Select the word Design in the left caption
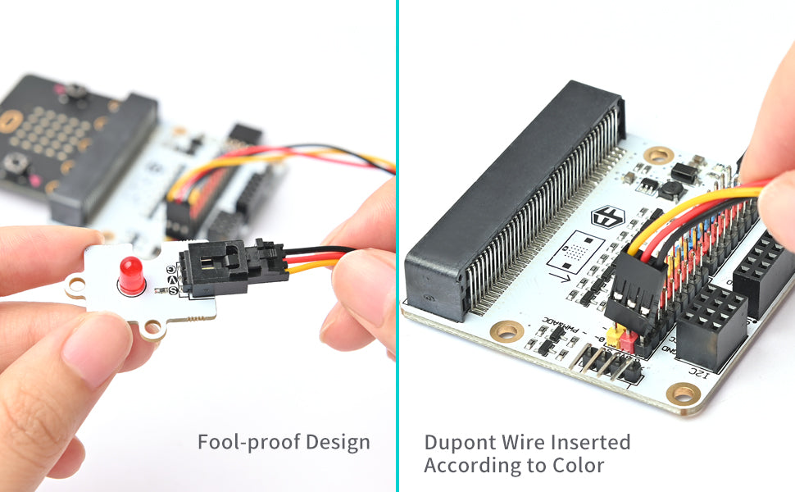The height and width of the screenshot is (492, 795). tap(338, 443)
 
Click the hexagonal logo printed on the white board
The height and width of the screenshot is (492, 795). tap(608, 218)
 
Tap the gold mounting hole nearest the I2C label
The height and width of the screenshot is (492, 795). tap(683, 394)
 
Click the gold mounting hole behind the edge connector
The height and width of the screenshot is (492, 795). tap(658, 154)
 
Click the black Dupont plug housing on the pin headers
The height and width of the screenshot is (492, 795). tap(635, 287)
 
